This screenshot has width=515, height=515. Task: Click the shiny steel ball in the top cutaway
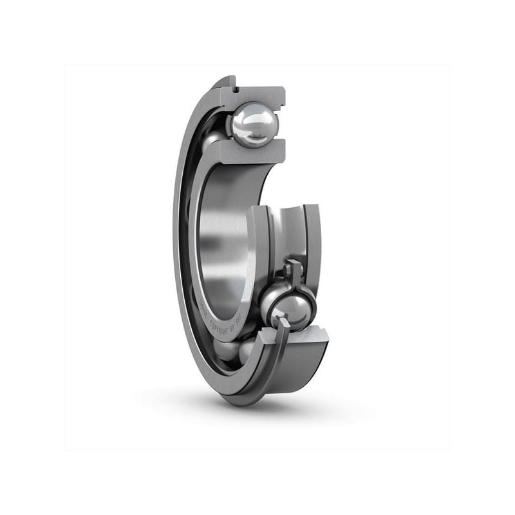pyautogui.click(x=254, y=124)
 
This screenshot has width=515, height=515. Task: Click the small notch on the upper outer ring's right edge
pyautogui.click(x=282, y=103)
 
